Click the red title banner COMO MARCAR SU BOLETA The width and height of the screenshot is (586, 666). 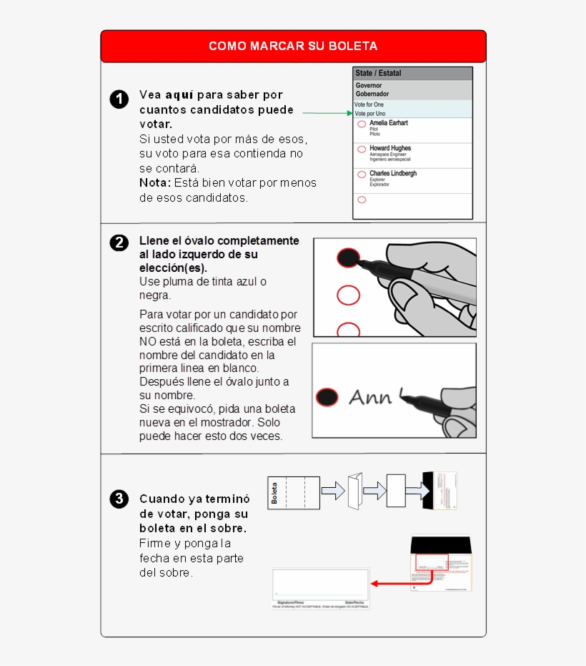(293, 46)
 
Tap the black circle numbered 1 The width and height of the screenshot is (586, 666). (119, 99)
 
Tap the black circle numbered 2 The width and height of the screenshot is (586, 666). (119, 243)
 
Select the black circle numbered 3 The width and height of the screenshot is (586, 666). (119, 499)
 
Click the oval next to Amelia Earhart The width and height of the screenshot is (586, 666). (362, 124)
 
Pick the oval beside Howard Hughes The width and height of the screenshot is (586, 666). (362, 150)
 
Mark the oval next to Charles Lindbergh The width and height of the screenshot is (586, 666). (362, 175)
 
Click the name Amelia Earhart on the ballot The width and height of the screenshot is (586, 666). (389, 123)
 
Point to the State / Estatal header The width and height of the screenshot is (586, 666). (379, 73)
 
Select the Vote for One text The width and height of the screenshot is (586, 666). (369, 104)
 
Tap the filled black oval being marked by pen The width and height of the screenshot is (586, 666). (347, 258)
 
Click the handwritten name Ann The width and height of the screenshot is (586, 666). (370, 397)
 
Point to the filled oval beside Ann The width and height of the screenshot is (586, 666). (327, 397)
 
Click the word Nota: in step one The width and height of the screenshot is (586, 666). (155, 183)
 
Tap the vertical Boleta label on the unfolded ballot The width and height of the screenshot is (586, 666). (274, 493)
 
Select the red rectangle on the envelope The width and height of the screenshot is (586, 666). (432, 562)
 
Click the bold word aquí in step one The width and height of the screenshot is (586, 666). (179, 94)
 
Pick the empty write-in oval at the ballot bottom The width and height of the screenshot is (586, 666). (362, 200)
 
